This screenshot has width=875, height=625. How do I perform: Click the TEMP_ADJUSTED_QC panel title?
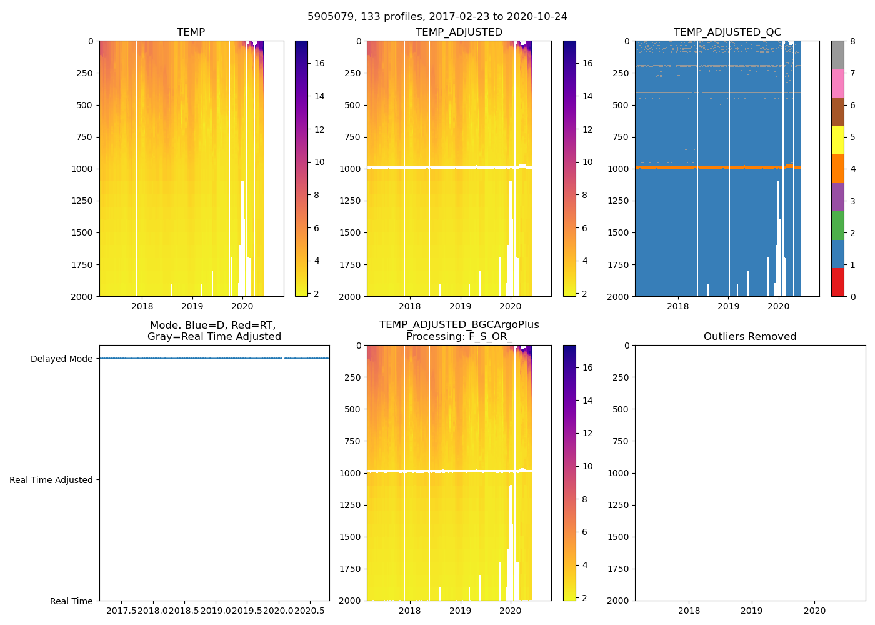coord(727,32)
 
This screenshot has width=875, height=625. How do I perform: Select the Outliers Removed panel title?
coord(750,337)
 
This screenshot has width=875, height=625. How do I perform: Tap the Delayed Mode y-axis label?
coord(61,359)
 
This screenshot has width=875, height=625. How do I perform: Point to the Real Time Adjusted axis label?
coord(51,480)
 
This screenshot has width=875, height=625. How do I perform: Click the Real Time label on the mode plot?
coord(71,601)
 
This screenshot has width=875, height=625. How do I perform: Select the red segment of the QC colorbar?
coord(837,282)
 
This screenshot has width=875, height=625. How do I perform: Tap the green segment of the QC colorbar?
coord(837,225)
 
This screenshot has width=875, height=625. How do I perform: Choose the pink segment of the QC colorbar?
coord(837,83)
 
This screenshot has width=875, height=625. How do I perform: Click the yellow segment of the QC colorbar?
coord(837,140)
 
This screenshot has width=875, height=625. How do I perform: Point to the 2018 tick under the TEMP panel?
coord(142,306)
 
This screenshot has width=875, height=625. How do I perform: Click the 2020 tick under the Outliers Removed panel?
coord(814,611)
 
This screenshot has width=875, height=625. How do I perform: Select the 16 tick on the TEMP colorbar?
coord(319,63)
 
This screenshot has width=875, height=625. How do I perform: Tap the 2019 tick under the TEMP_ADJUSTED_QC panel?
coord(728,306)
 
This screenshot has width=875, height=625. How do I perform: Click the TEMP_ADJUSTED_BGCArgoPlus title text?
coord(459,325)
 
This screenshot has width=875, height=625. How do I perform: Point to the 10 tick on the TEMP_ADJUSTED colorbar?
coord(587,162)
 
